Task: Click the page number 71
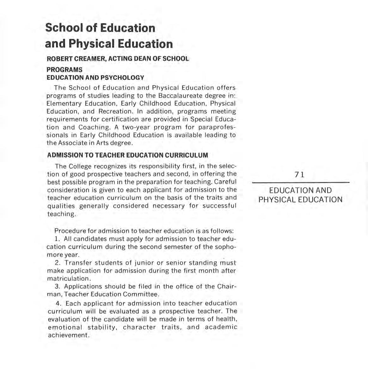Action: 299,175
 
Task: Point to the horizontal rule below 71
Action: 300,183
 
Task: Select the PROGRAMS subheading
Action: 64,70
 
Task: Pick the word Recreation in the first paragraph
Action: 115,111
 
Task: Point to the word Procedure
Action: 69,231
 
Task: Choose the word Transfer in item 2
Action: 78,263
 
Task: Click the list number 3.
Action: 57,286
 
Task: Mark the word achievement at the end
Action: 67,335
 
